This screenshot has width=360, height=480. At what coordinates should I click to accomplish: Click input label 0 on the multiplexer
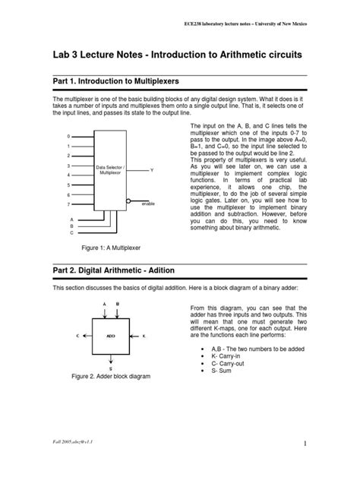point(68,137)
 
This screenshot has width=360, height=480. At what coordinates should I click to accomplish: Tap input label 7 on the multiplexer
point(68,204)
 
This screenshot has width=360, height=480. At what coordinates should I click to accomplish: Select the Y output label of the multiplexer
point(151,170)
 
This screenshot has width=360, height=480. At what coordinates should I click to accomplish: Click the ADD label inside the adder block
point(110,334)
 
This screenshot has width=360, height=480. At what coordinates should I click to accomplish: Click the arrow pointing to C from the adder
point(85,334)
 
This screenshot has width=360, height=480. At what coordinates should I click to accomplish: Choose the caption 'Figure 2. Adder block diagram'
point(110,377)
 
